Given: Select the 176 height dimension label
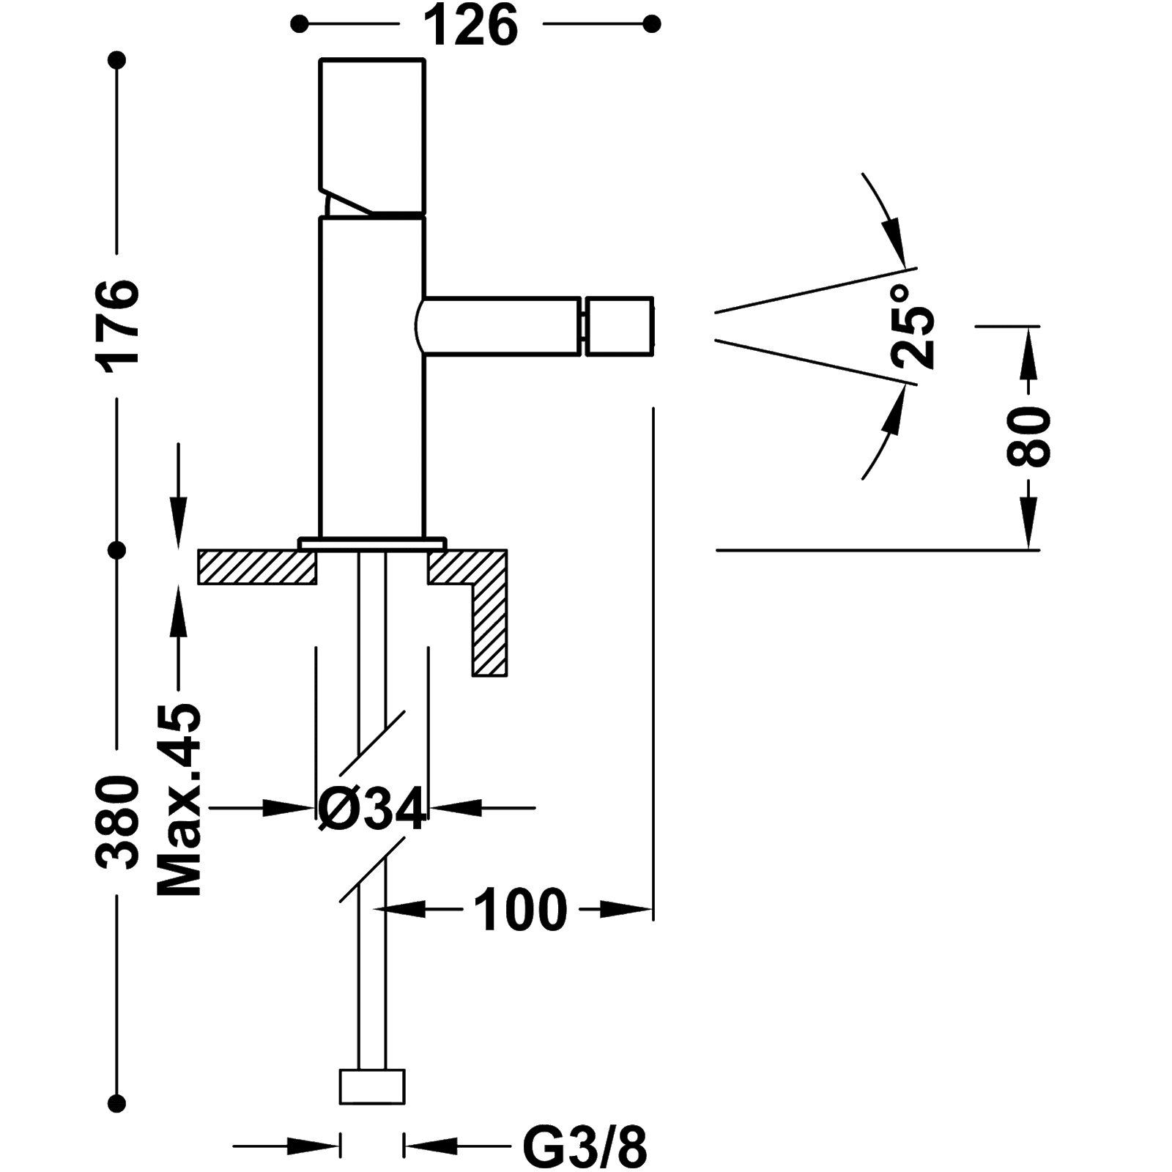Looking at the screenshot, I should click(x=117, y=326).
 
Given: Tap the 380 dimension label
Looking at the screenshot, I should click(x=117, y=824).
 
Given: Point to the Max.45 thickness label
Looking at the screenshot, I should click(x=179, y=802).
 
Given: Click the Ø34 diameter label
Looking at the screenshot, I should click(x=371, y=809).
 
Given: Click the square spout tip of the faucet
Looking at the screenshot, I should click(x=618, y=327).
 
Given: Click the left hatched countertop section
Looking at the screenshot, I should click(x=256, y=568).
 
